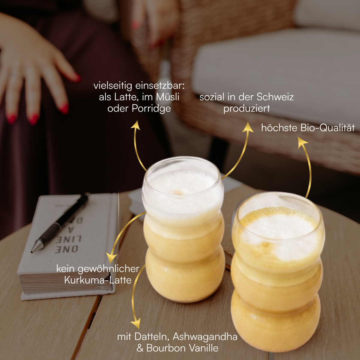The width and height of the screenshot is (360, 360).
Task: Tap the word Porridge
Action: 151,109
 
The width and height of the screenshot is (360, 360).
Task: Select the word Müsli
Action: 168,97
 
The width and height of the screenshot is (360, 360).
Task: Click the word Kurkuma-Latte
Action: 98,280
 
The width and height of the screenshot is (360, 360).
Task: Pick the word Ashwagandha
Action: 205,337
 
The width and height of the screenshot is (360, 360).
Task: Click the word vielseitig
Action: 113,86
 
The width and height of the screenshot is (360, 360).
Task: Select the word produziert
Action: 247,109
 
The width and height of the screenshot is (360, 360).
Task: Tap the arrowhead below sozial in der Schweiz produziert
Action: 248,127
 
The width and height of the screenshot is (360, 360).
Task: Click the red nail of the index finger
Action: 64,109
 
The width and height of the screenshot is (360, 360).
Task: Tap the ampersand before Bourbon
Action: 140,348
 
